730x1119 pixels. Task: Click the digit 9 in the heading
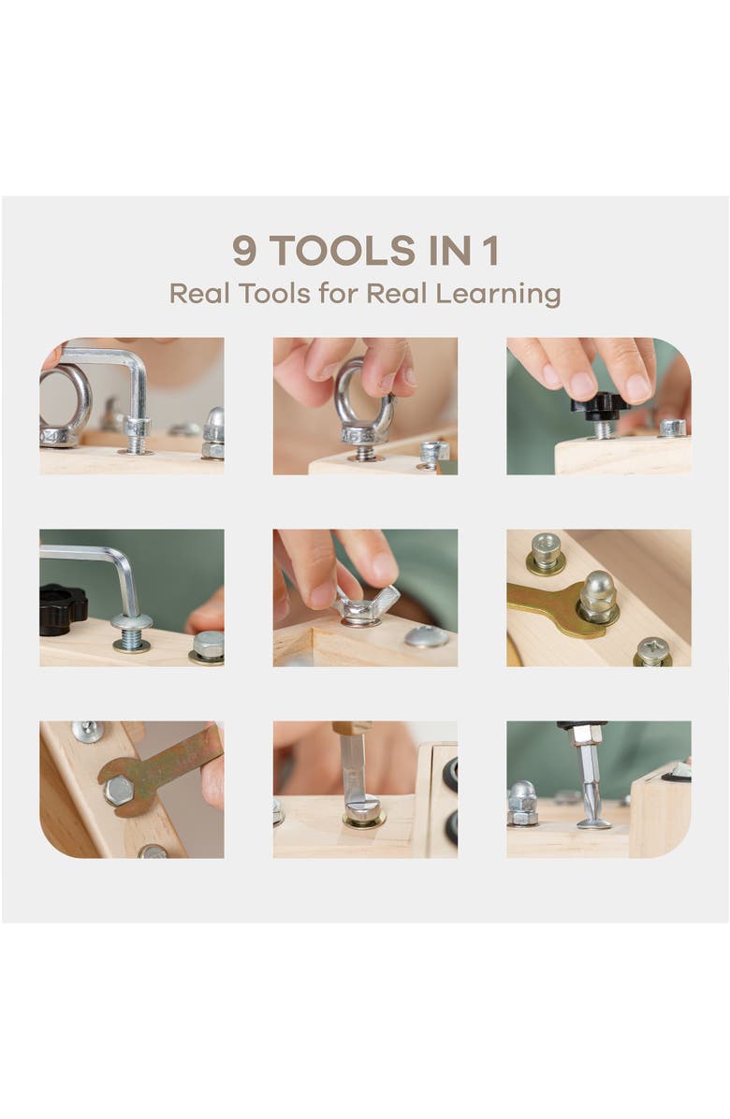[244, 251]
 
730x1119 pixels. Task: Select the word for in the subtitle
[338, 293]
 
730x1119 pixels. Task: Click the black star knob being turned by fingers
[600, 405]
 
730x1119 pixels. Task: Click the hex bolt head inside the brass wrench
[119, 790]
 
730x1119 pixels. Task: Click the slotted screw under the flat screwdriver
[363, 810]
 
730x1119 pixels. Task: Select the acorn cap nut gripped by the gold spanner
[598, 597]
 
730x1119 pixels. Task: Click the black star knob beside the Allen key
[62, 609]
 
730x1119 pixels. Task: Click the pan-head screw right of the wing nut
[427, 635]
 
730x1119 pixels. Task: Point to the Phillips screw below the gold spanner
[652, 651]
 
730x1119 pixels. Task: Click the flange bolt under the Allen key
[131, 631]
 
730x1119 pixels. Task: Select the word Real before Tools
[200, 293]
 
